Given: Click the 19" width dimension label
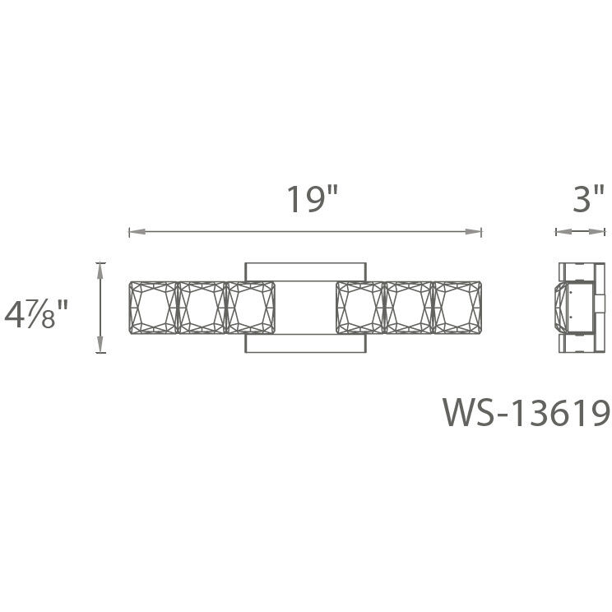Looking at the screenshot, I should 312,200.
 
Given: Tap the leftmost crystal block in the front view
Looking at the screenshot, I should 153,308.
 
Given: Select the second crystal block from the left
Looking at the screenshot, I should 202,308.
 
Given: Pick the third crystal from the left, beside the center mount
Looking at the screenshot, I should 250,308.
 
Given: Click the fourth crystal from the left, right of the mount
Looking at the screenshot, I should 359,308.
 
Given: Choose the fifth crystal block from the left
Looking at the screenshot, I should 408,308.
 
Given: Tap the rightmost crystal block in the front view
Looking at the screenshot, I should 457,308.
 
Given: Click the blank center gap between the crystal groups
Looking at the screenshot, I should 305,308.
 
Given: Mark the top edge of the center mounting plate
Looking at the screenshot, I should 305,264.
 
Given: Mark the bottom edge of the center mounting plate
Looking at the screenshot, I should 305,351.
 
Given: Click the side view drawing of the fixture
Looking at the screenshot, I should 580,307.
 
